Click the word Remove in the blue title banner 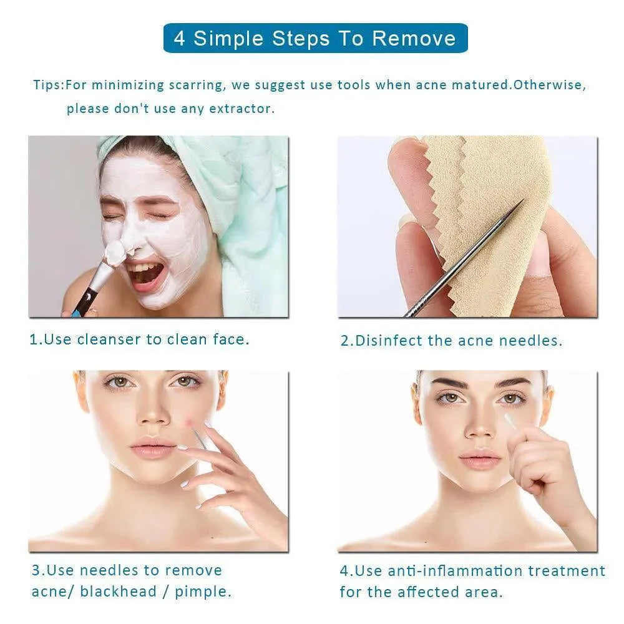click(414, 39)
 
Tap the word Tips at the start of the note click(47, 85)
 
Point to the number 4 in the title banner click(180, 39)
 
